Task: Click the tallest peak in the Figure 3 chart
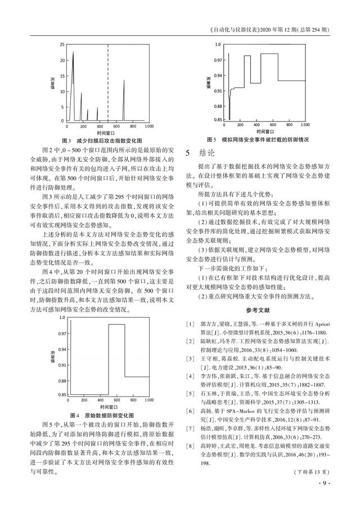coord(73,52)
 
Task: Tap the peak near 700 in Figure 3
coord(124,80)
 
